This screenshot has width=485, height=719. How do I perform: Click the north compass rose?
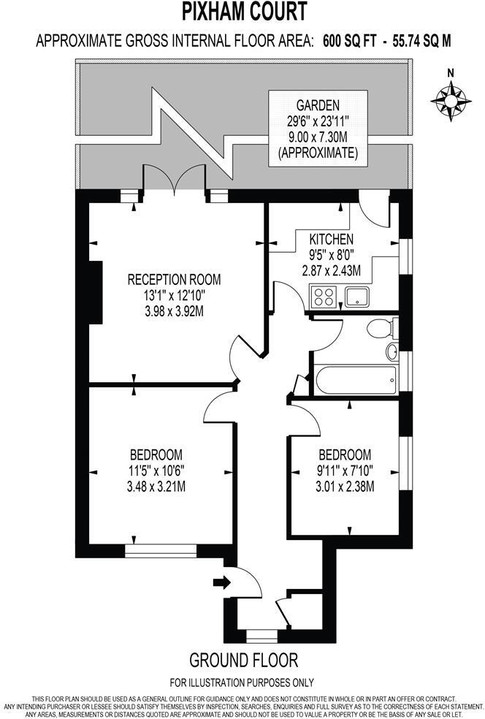point(451,96)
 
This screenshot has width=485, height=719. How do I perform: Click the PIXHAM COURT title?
point(243,12)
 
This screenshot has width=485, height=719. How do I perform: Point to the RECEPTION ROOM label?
point(174,279)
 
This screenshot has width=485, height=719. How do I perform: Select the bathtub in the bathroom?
point(354,379)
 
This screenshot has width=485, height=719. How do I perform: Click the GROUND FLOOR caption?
point(243,661)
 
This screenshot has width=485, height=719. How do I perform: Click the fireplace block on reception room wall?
point(94,291)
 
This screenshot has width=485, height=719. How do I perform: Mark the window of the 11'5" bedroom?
point(160,547)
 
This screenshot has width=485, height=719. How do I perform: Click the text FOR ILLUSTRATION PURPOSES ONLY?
point(243,682)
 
